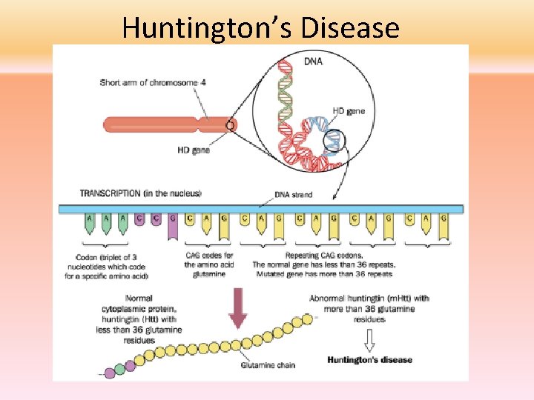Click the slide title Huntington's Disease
click(x=260, y=28)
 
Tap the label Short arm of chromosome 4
click(x=153, y=82)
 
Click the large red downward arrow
click(x=237, y=307)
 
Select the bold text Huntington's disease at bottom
click(x=369, y=360)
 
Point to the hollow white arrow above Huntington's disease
click(x=369, y=339)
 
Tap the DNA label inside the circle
click(x=314, y=61)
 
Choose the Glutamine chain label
click(x=267, y=365)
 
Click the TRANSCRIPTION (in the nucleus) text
click(x=140, y=193)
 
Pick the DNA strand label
click(x=294, y=195)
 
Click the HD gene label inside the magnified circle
click(x=349, y=111)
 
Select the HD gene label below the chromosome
click(x=194, y=150)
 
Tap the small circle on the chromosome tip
click(x=230, y=126)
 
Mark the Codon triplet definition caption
click(x=113, y=267)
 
